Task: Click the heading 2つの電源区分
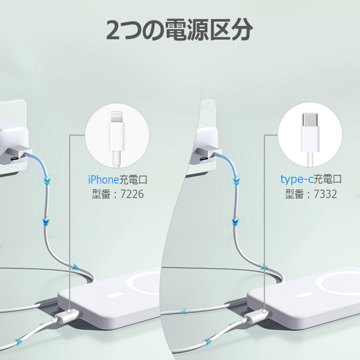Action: point(180,30)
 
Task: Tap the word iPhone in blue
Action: point(104,180)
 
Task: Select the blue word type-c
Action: point(297,179)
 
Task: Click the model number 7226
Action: point(132,194)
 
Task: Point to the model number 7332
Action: point(325,194)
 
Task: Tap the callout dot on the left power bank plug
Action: point(70,312)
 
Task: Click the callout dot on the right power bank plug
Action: point(264,312)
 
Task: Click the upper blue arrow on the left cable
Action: point(47,180)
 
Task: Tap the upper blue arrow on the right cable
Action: point(236,180)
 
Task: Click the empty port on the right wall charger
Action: point(204,159)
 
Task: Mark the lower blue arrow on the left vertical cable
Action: point(46,222)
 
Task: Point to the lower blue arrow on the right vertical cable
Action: point(235,222)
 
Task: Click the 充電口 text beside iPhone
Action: point(133,180)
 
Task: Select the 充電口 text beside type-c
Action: point(328,179)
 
